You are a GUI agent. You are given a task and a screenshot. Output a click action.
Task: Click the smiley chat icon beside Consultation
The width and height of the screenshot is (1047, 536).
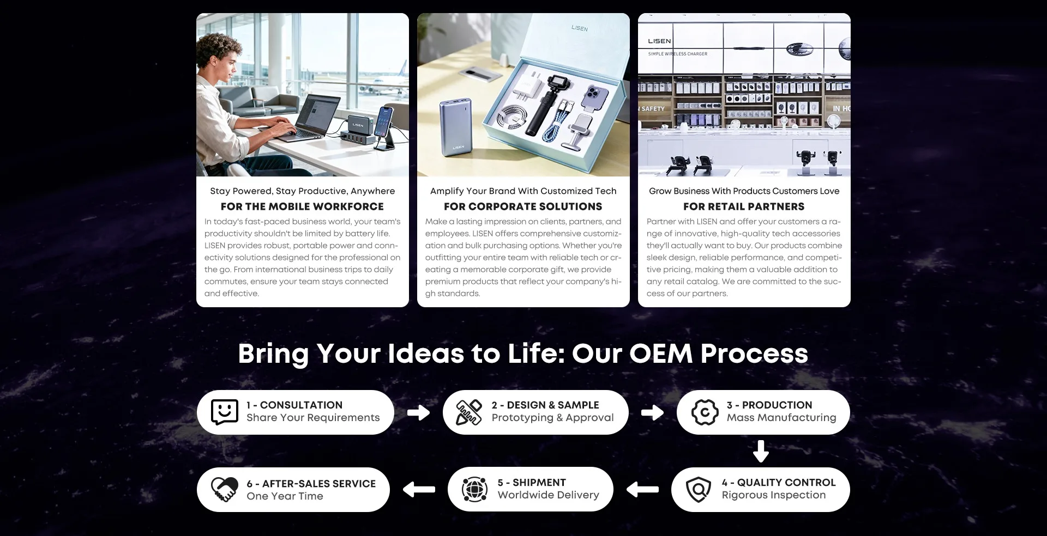(x=224, y=412)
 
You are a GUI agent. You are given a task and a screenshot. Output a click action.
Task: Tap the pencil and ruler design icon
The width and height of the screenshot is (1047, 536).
(x=469, y=412)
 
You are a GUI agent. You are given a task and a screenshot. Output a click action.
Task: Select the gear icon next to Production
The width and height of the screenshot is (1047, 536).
(x=705, y=412)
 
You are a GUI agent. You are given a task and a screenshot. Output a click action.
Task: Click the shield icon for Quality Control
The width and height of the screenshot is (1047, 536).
(x=698, y=490)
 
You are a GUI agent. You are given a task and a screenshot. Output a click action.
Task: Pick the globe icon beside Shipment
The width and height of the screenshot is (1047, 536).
(x=474, y=489)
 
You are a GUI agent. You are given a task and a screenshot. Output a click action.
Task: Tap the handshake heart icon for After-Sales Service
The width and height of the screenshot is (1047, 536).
(x=224, y=490)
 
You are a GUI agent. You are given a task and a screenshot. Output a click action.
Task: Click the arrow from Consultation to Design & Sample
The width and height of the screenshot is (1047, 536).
(x=418, y=412)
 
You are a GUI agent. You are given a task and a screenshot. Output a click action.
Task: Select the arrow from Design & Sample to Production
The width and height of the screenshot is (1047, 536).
(x=652, y=412)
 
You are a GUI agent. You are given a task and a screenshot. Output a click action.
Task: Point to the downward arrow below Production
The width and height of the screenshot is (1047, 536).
(x=761, y=451)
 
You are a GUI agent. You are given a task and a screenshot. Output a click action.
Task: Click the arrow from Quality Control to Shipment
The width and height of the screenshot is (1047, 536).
(x=642, y=490)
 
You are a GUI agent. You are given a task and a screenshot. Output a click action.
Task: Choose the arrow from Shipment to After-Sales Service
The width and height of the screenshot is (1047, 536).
(x=419, y=490)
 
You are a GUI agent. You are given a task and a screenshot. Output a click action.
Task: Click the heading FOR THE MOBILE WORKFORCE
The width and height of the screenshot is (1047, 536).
(x=302, y=206)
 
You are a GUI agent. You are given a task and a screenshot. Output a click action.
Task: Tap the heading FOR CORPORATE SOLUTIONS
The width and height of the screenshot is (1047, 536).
(x=523, y=206)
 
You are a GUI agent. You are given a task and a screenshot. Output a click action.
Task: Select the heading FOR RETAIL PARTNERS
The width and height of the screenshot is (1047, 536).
(x=744, y=206)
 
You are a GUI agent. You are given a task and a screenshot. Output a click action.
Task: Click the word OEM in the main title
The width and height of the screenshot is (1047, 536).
(x=660, y=354)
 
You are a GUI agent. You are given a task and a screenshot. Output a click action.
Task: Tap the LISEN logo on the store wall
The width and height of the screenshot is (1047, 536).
(x=659, y=41)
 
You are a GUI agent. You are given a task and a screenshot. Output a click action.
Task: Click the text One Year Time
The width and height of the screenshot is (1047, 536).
(x=285, y=496)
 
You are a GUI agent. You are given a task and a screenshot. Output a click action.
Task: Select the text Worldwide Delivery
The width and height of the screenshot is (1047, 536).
(x=548, y=495)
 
